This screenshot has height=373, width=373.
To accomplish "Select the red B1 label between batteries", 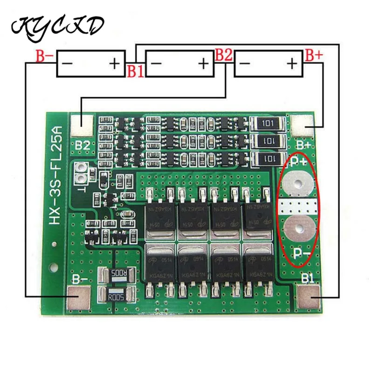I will (135, 71).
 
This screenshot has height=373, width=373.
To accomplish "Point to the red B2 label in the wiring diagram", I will (223, 55).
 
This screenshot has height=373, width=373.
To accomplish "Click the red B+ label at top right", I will (313, 55).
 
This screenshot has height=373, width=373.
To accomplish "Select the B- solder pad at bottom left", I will (79, 298).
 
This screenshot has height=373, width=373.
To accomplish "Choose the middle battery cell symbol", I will (180, 64).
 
